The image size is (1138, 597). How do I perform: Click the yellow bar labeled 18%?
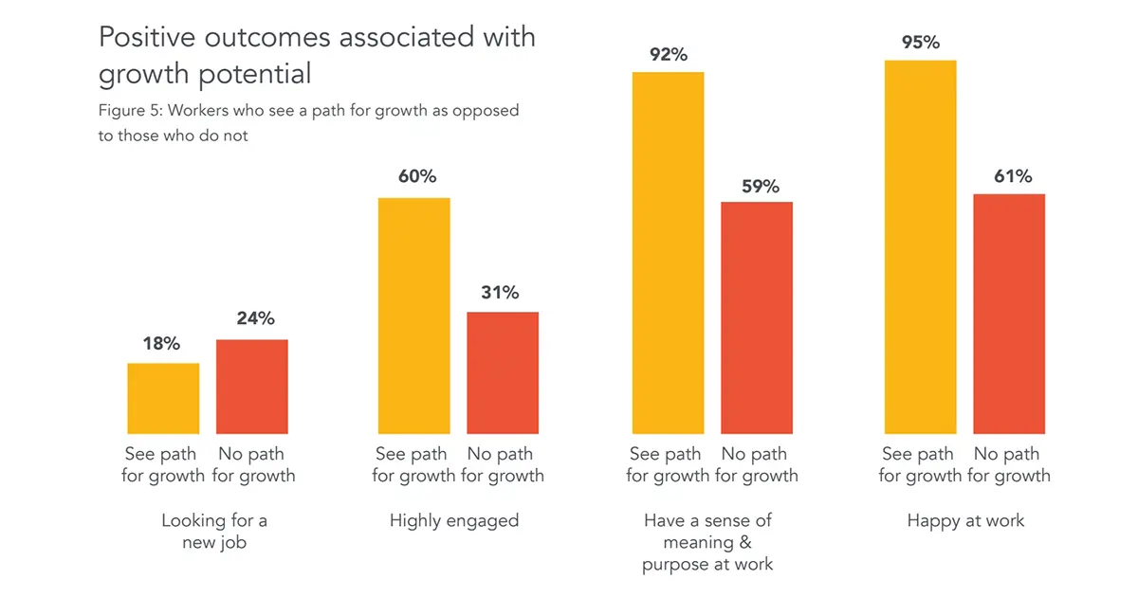pyautogui.click(x=163, y=398)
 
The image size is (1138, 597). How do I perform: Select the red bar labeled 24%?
pyautogui.click(x=252, y=387)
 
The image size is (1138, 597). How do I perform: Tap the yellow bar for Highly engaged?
pyautogui.click(x=413, y=316)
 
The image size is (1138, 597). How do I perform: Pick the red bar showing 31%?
pyautogui.click(x=503, y=372)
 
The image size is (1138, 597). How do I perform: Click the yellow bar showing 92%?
pyautogui.click(x=668, y=253)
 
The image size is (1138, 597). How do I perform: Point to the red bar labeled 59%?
pyautogui.click(x=757, y=317)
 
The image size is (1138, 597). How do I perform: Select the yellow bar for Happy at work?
pyautogui.click(x=920, y=247)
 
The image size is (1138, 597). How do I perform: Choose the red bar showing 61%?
pyautogui.click(x=1009, y=314)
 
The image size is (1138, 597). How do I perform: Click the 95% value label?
pyautogui.click(x=920, y=42)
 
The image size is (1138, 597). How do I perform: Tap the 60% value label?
pyautogui.click(x=413, y=177)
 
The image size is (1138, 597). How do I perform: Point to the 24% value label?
pyautogui.click(x=252, y=318)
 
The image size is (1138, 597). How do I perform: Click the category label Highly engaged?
pyautogui.click(x=454, y=520)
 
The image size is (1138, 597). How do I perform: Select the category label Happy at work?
pyautogui.click(x=965, y=520)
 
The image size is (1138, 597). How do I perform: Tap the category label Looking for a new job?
pyautogui.click(x=214, y=532)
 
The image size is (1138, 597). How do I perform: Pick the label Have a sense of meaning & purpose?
pyautogui.click(x=707, y=542)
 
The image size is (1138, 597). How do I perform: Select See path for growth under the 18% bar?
pyautogui.click(x=163, y=465)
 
